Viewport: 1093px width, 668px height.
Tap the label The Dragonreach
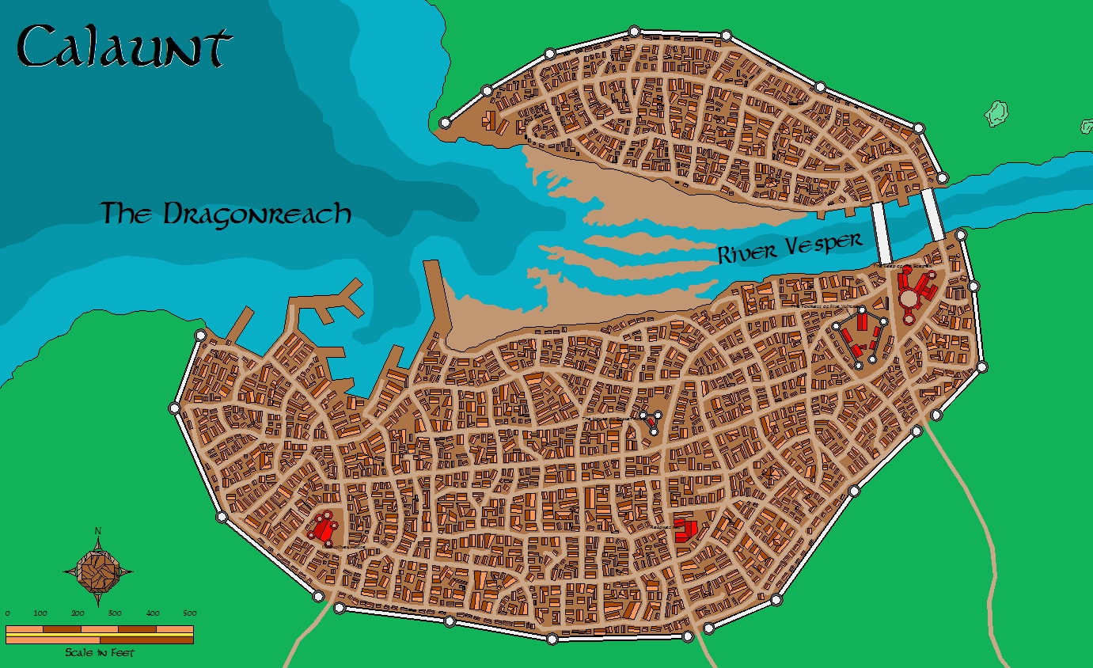click(226, 214)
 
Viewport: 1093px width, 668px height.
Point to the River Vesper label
click(789, 249)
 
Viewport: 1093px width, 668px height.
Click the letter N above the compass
click(97, 530)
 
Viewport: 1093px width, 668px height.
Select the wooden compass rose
click(98, 569)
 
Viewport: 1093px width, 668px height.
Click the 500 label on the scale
click(188, 613)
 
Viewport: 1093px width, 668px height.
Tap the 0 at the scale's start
click(8, 613)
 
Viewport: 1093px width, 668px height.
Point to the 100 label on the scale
click(40, 613)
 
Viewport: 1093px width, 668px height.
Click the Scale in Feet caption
click(100, 653)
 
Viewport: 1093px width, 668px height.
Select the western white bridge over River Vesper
click(882, 233)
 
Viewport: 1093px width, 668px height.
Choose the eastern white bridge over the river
click(932, 214)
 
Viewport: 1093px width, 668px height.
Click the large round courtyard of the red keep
click(910, 298)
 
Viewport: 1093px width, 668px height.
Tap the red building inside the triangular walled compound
click(654, 424)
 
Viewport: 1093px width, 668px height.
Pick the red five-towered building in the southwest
click(323, 526)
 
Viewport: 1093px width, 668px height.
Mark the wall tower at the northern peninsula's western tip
click(445, 123)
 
